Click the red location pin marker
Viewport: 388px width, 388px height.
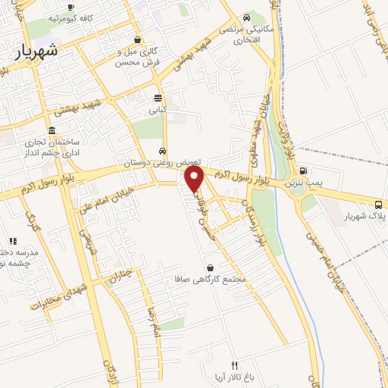pos(195,179)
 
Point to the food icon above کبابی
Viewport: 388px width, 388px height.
pos(158,98)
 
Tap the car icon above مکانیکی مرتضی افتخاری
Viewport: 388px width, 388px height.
pos(248,18)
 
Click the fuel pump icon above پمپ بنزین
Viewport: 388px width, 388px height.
pos(303,171)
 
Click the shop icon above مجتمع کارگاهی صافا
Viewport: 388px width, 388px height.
pos(210,268)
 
